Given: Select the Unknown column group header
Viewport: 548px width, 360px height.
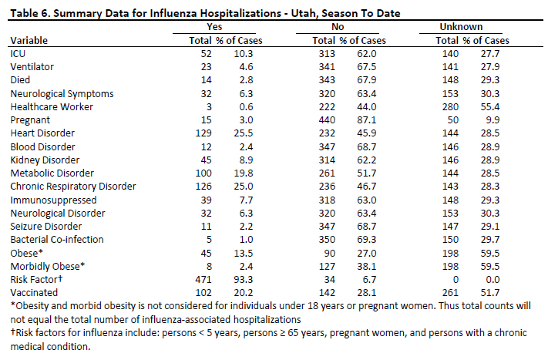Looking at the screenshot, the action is (461, 27).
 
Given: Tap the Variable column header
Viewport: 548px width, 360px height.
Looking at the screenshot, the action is (29, 41).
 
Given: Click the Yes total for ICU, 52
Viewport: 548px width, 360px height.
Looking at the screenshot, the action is (207, 54).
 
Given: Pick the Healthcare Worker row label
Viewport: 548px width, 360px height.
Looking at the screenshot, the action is (52, 107).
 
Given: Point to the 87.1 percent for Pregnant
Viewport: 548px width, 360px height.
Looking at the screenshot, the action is (367, 120).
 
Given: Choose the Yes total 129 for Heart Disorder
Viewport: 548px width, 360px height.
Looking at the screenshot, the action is (203, 133).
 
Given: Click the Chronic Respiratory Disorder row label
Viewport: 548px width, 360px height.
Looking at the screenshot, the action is (73, 187).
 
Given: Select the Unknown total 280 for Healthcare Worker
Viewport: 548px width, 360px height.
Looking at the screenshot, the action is (450, 107).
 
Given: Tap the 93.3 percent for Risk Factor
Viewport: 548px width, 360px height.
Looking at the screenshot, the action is (244, 280).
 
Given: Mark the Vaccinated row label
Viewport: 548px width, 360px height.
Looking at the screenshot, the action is (34, 293).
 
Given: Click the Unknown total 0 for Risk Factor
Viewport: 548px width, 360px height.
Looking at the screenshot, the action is (456, 280).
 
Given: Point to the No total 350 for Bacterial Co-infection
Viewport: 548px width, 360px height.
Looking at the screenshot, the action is (327, 240).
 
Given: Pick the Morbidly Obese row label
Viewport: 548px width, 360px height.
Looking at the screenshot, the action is (48, 267).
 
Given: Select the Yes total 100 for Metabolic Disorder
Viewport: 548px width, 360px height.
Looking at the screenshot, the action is (203, 173).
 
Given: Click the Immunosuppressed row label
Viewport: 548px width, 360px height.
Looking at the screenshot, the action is (53, 200).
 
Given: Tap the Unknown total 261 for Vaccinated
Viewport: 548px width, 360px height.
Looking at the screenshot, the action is (450, 293).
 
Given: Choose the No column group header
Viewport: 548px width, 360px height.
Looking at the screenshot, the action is (338, 27).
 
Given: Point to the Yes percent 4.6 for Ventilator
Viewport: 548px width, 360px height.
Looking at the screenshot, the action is (246, 67).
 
